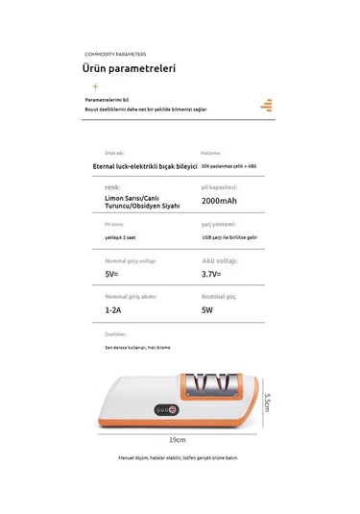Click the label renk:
[112, 187]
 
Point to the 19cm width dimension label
[177, 439]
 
